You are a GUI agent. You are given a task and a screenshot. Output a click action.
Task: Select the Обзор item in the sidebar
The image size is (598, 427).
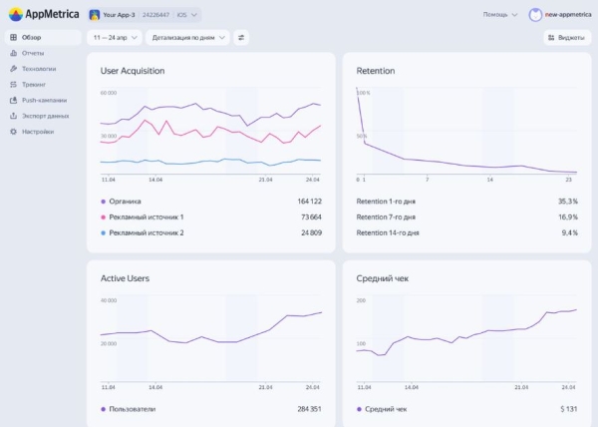(x=32, y=37)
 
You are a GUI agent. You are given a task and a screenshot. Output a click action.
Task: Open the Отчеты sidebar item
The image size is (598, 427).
(x=32, y=53)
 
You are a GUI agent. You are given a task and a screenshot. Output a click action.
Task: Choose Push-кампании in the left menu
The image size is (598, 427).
(x=44, y=100)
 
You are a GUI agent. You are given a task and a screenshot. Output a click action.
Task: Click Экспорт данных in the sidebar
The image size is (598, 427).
(x=45, y=116)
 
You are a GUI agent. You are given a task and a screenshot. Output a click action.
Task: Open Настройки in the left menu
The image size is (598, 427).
(x=38, y=132)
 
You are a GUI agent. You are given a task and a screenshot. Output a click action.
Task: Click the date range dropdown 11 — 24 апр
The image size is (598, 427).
(x=115, y=37)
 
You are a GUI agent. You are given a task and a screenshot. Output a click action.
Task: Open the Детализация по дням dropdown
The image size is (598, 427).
(x=186, y=37)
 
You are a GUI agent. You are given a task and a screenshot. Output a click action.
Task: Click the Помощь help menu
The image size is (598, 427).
(x=499, y=15)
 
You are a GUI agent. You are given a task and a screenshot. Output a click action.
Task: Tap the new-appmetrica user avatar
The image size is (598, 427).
(x=536, y=15)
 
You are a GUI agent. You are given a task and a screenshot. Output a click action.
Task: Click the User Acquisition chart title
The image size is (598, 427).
(x=133, y=71)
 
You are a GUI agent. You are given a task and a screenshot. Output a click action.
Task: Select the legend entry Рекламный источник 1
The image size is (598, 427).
(x=146, y=216)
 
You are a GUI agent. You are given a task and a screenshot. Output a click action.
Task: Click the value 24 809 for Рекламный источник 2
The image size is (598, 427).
(x=306, y=232)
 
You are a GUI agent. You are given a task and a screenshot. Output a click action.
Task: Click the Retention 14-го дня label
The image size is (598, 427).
(x=388, y=232)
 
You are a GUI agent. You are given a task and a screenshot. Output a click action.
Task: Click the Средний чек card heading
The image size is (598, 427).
(x=383, y=278)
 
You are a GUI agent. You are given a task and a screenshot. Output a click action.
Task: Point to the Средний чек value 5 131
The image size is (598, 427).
(x=567, y=409)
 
